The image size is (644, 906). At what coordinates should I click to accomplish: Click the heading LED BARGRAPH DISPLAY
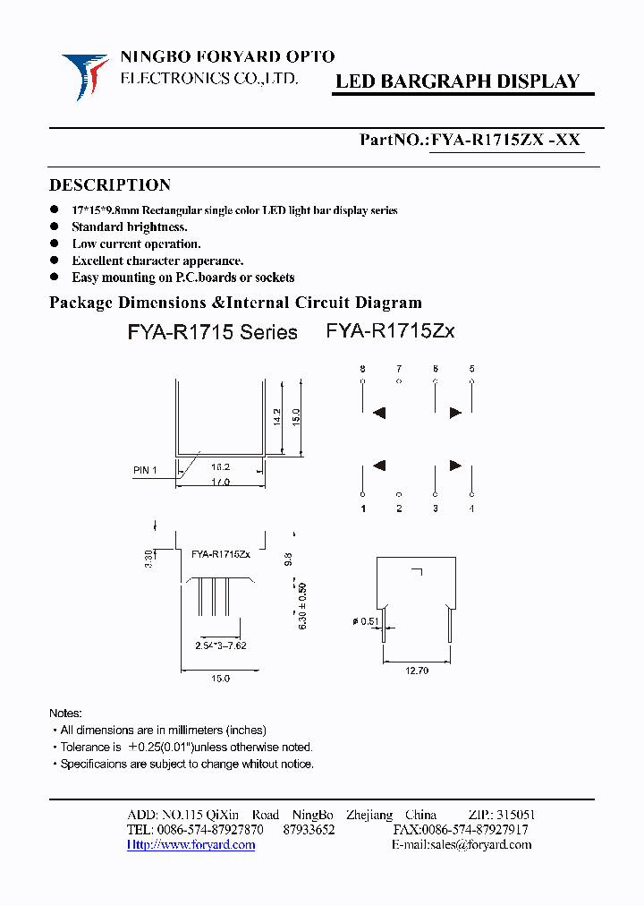point(457,81)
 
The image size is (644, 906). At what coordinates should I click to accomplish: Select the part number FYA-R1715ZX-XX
point(506,140)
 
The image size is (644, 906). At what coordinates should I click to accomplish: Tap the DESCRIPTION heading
point(109,185)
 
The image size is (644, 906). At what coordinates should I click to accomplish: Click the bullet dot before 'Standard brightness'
point(55,227)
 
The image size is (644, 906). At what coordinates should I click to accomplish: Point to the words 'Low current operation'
point(136,244)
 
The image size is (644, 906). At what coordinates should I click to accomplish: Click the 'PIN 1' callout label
point(145,470)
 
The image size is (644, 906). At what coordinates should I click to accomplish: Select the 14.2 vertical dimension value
point(276,416)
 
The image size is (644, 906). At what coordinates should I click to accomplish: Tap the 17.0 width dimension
point(221,482)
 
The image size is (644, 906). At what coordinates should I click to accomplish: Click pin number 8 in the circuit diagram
point(362,369)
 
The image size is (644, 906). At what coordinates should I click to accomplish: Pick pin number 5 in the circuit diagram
point(470,369)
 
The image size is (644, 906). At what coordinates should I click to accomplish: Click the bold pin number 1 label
point(363,509)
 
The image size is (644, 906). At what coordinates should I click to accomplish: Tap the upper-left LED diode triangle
point(379,413)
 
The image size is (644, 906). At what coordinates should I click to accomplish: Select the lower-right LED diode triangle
point(454,465)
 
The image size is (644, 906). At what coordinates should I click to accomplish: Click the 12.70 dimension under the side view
point(417,670)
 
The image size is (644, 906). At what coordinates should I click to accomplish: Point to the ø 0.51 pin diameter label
point(364,622)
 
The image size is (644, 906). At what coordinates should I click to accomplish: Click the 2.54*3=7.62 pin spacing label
point(220,645)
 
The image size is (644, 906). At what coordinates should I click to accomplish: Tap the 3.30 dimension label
point(148,560)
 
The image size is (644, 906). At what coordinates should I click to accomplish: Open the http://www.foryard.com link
point(191,845)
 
